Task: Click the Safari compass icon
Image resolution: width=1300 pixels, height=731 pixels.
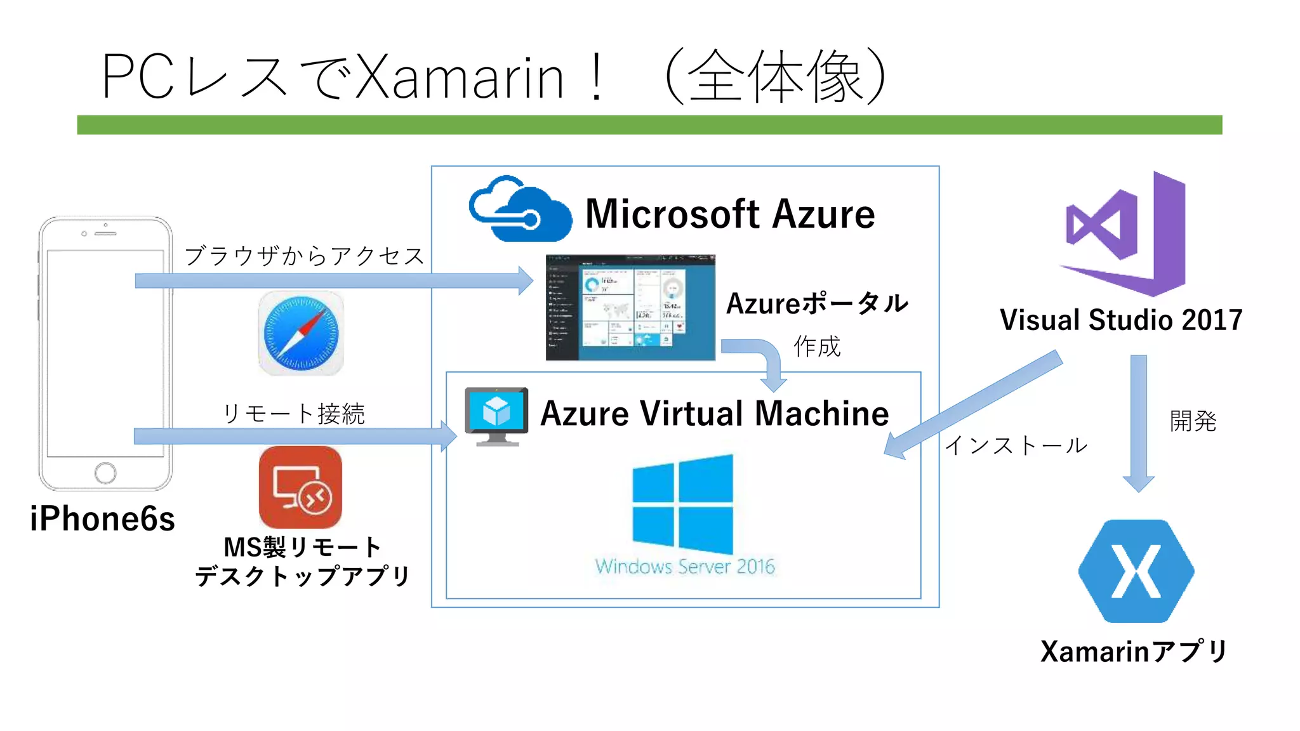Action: (300, 333)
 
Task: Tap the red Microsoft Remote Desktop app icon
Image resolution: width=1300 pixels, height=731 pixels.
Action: (300, 487)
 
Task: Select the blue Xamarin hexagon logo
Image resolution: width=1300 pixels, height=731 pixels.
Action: (1136, 571)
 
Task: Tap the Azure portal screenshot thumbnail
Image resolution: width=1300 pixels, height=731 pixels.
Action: (630, 308)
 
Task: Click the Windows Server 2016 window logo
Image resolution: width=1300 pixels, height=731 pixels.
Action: (683, 504)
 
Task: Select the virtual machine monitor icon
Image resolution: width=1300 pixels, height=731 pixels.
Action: (496, 416)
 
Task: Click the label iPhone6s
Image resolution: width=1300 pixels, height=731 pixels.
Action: (102, 519)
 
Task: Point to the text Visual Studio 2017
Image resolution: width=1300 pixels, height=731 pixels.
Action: (1121, 320)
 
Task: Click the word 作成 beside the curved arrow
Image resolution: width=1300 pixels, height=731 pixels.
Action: (816, 346)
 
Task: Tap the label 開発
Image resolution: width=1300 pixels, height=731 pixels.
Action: (1193, 421)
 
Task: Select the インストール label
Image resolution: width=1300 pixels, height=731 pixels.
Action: (1016, 445)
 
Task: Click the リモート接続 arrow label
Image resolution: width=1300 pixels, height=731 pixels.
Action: (293, 414)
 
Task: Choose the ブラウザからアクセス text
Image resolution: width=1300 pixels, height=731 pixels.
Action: (304, 256)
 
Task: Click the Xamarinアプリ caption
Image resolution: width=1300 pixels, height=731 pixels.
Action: (1134, 652)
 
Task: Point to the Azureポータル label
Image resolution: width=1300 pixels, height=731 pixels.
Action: (817, 304)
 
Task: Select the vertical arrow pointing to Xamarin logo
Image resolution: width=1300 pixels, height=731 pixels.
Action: (1139, 422)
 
